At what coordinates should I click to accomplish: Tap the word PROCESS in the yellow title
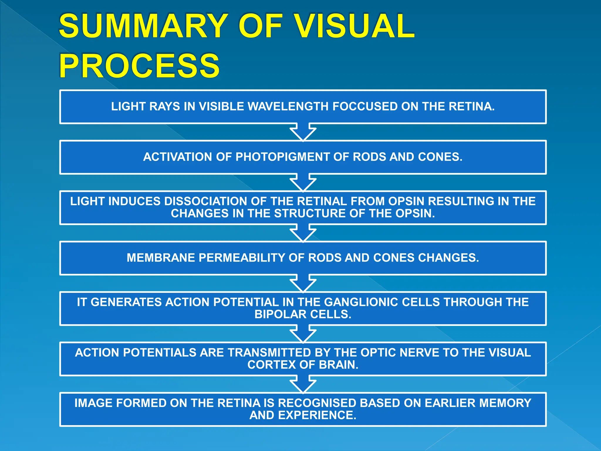pos(139,66)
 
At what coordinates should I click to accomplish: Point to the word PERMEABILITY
pos(242,258)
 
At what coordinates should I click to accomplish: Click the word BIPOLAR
pos(280,314)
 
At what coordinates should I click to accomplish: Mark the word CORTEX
pos(271,365)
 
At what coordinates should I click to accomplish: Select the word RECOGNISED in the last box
pos(317,403)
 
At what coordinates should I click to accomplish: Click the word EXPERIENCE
pos(317,415)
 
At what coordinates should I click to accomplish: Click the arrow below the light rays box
pos(303,132)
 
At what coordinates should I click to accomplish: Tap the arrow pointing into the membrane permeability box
pos(303,233)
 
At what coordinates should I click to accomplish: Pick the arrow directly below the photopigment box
pos(303,183)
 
